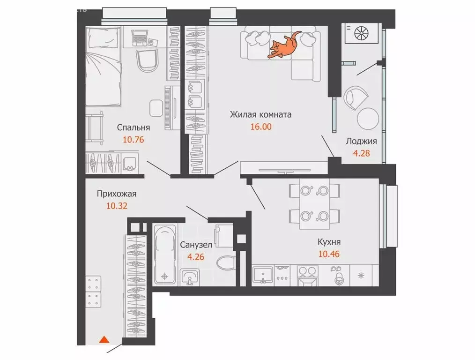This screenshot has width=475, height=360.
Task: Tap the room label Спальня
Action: (x=134, y=127)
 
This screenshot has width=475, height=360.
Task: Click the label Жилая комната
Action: (x=260, y=114)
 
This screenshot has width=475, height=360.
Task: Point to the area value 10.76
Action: (x=134, y=139)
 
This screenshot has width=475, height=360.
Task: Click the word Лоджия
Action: (x=361, y=141)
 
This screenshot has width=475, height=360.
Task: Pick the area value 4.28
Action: (x=361, y=153)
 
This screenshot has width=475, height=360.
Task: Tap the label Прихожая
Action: (x=117, y=193)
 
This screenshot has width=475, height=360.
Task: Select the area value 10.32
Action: (x=117, y=205)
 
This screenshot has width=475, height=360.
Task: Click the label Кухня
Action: (x=328, y=242)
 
